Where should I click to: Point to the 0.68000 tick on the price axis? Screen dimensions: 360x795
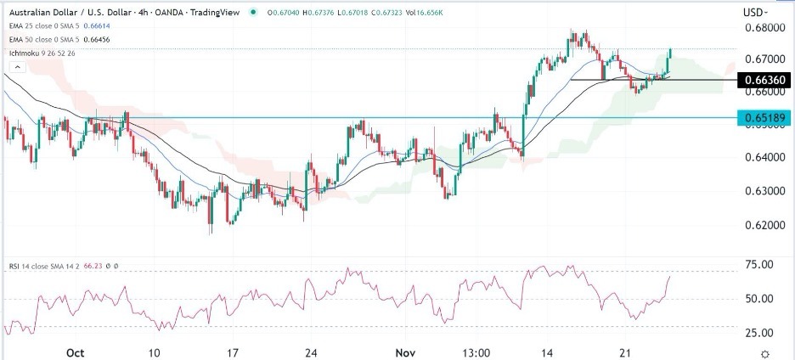[760, 27]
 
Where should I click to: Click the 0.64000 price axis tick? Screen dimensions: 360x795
[760, 158]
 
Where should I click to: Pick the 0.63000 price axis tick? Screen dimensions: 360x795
[760, 192]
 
